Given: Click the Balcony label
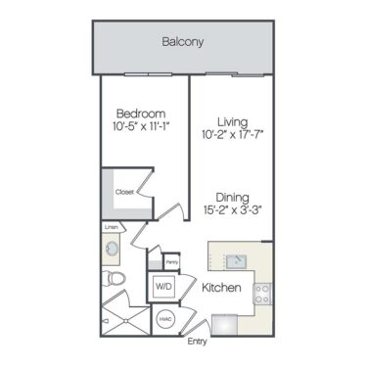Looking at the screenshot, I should [x=183, y=42].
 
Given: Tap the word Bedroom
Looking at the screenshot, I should [x=139, y=113].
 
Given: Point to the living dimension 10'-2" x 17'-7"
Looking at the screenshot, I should [x=232, y=135].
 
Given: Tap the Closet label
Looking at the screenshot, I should [x=125, y=193].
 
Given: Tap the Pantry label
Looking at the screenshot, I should [x=171, y=262].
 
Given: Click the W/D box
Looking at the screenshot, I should [x=162, y=287].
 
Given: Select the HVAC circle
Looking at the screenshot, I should [x=166, y=317].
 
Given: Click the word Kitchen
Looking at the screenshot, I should [x=221, y=289].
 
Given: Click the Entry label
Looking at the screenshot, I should [x=197, y=342].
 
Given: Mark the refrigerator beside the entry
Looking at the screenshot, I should [x=225, y=323].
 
